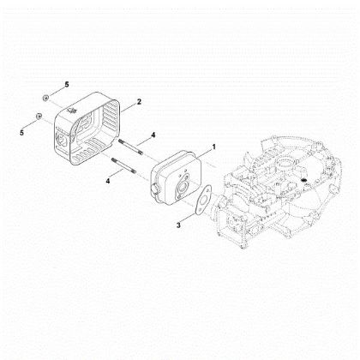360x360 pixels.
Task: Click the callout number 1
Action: pos(214,147)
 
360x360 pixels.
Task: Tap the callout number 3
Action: pos(177,225)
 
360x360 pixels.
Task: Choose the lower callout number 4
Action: pos(108,181)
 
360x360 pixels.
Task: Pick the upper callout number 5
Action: pos(66,86)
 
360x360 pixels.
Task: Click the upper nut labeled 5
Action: pos(50,96)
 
